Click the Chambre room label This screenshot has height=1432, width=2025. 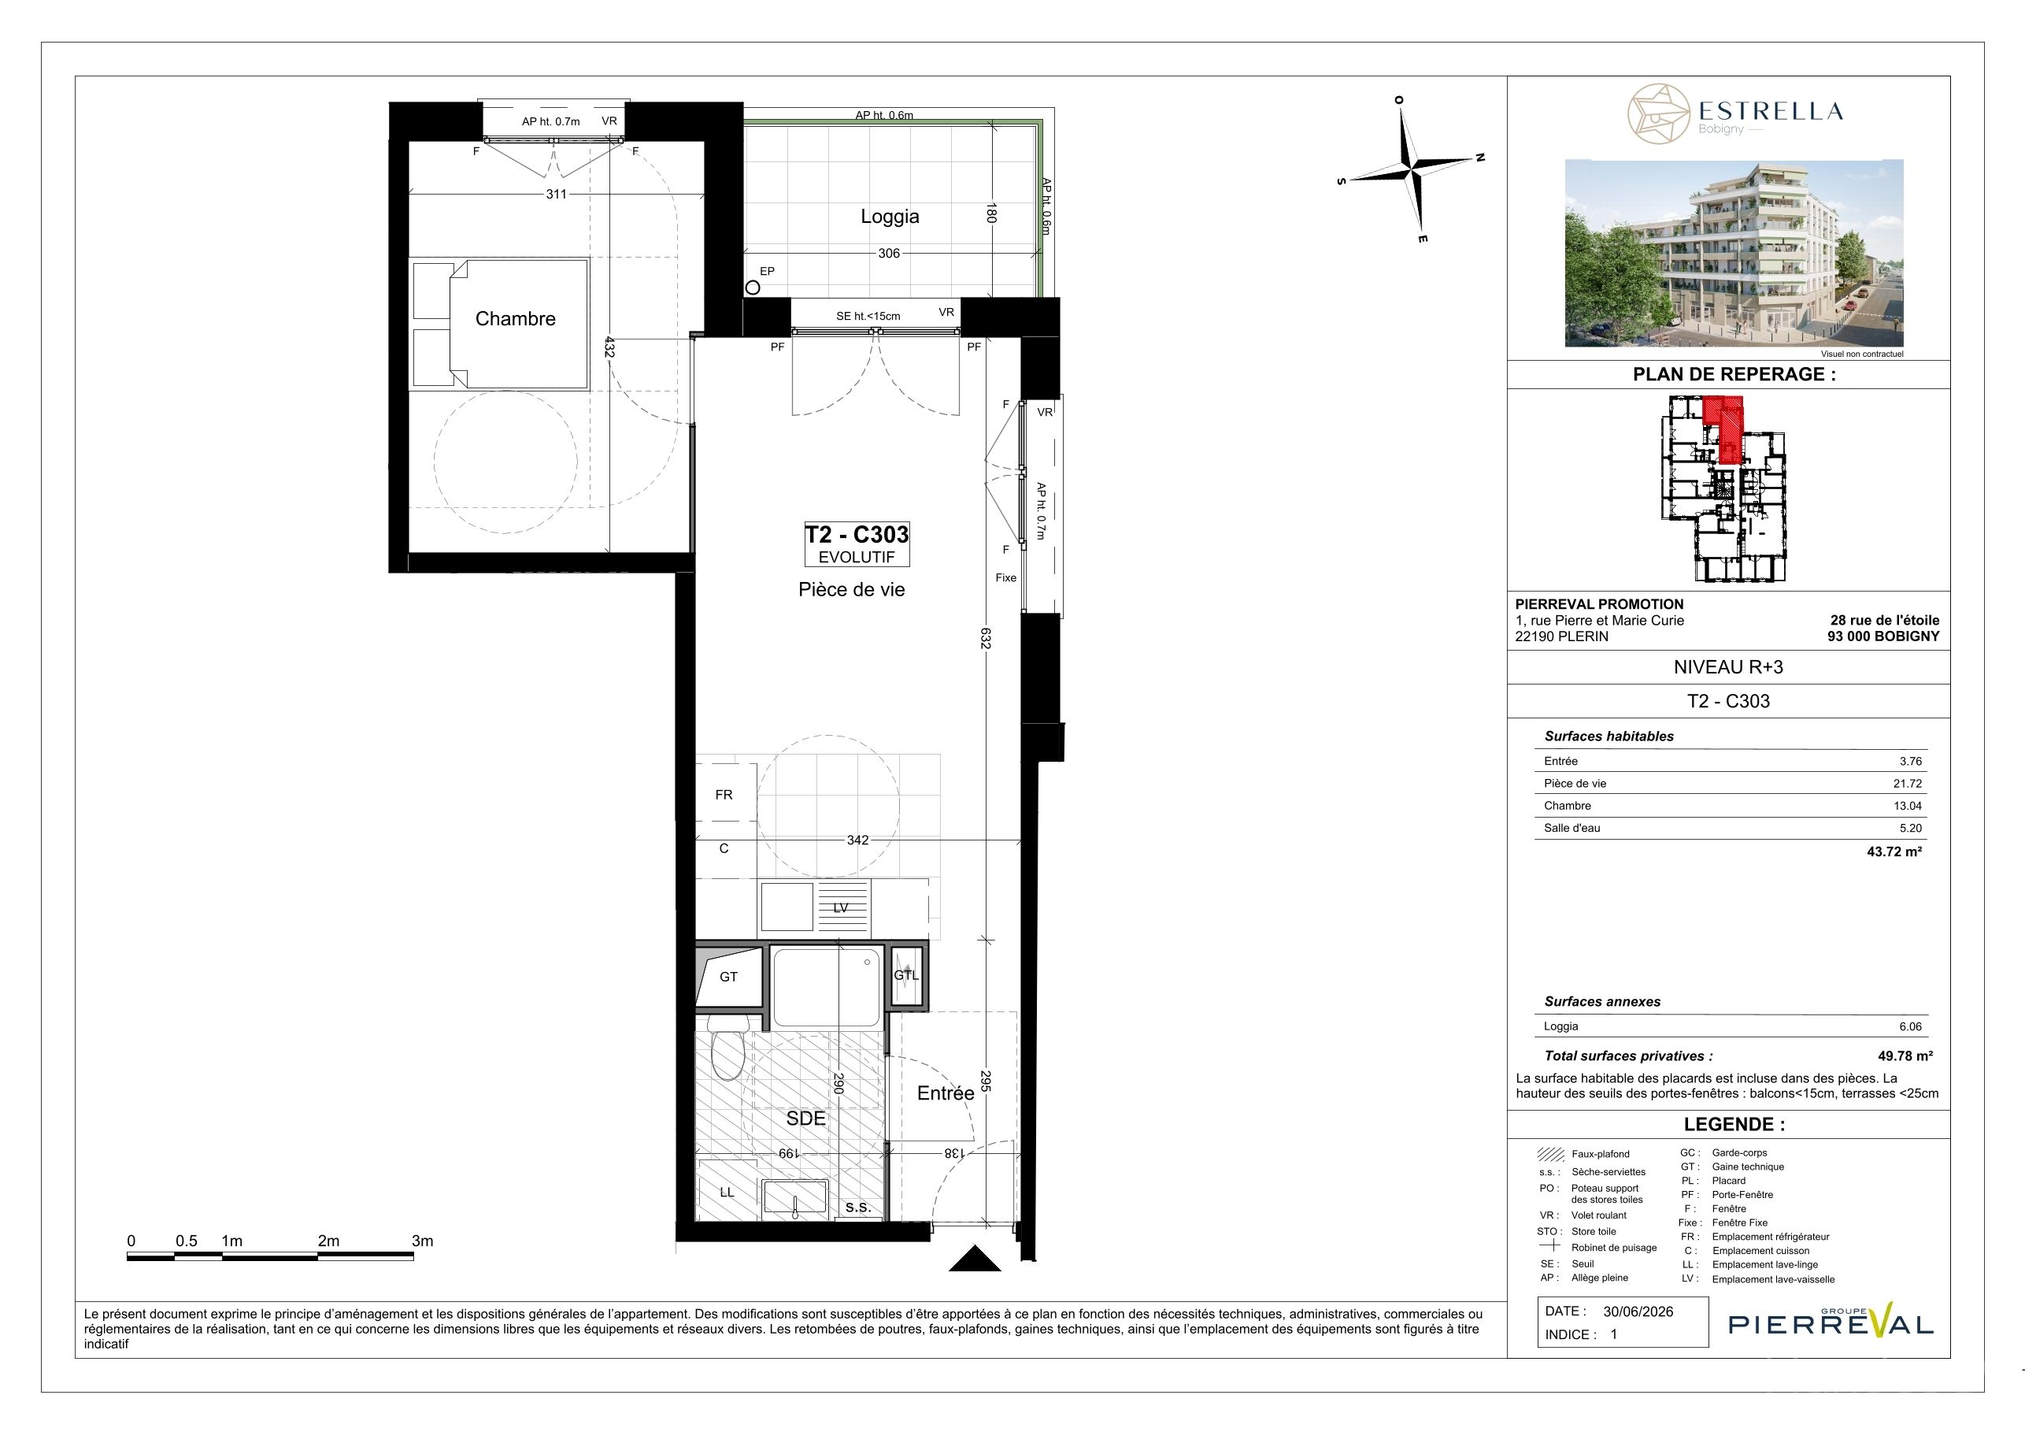click(x=515, y=318)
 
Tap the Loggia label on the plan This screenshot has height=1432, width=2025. click(x=890, y=216)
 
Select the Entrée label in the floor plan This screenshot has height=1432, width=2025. click(x=946, y=1093)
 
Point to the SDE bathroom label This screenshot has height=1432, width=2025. click(x=805, y=1118)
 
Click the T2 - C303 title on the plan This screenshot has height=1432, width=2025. click(x=857, y=535)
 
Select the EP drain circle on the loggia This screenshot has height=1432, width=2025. click(x=753, y=287)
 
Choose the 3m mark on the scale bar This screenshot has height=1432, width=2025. click(x=423, y=1241)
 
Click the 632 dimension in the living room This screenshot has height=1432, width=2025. click(x=986, y=638)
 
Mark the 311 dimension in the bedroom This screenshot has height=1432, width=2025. click(x=556, y=194)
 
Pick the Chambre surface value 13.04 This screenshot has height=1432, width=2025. click(x=1908, y=806)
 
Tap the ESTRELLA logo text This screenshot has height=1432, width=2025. click(x=1770, y=111)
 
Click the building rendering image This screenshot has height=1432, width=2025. click(x=1734, y=253)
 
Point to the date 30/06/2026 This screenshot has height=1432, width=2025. click(x=1638, y=1311)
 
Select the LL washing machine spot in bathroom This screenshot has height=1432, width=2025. click(x=726, y=1192)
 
